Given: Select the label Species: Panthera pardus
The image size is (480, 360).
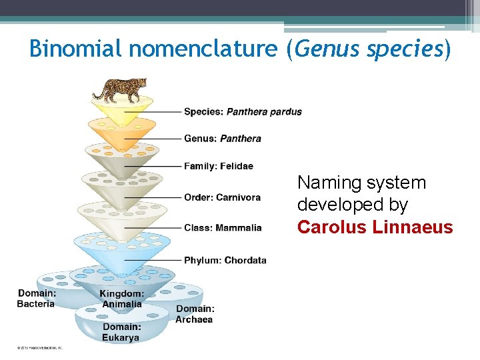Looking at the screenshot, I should coord(243,112).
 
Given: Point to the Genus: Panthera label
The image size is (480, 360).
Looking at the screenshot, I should coord(222,139).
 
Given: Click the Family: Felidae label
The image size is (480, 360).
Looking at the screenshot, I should coord(218,166).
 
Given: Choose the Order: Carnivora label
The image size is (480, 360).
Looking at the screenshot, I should coord(222,197).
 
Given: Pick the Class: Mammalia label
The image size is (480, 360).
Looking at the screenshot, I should coord(223,228).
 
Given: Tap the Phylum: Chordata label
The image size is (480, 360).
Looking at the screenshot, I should coord(225,260).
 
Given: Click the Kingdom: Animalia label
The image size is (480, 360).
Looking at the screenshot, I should coord(121,299).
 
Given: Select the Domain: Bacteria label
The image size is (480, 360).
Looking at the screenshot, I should coord(36,299).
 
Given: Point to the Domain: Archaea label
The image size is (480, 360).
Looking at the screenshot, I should coord(195,314).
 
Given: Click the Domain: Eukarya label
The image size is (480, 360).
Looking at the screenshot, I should coord(121,332).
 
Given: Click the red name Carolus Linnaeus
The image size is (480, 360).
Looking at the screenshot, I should coord(375,227).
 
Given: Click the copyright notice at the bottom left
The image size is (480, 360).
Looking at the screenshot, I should coord(39,348).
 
